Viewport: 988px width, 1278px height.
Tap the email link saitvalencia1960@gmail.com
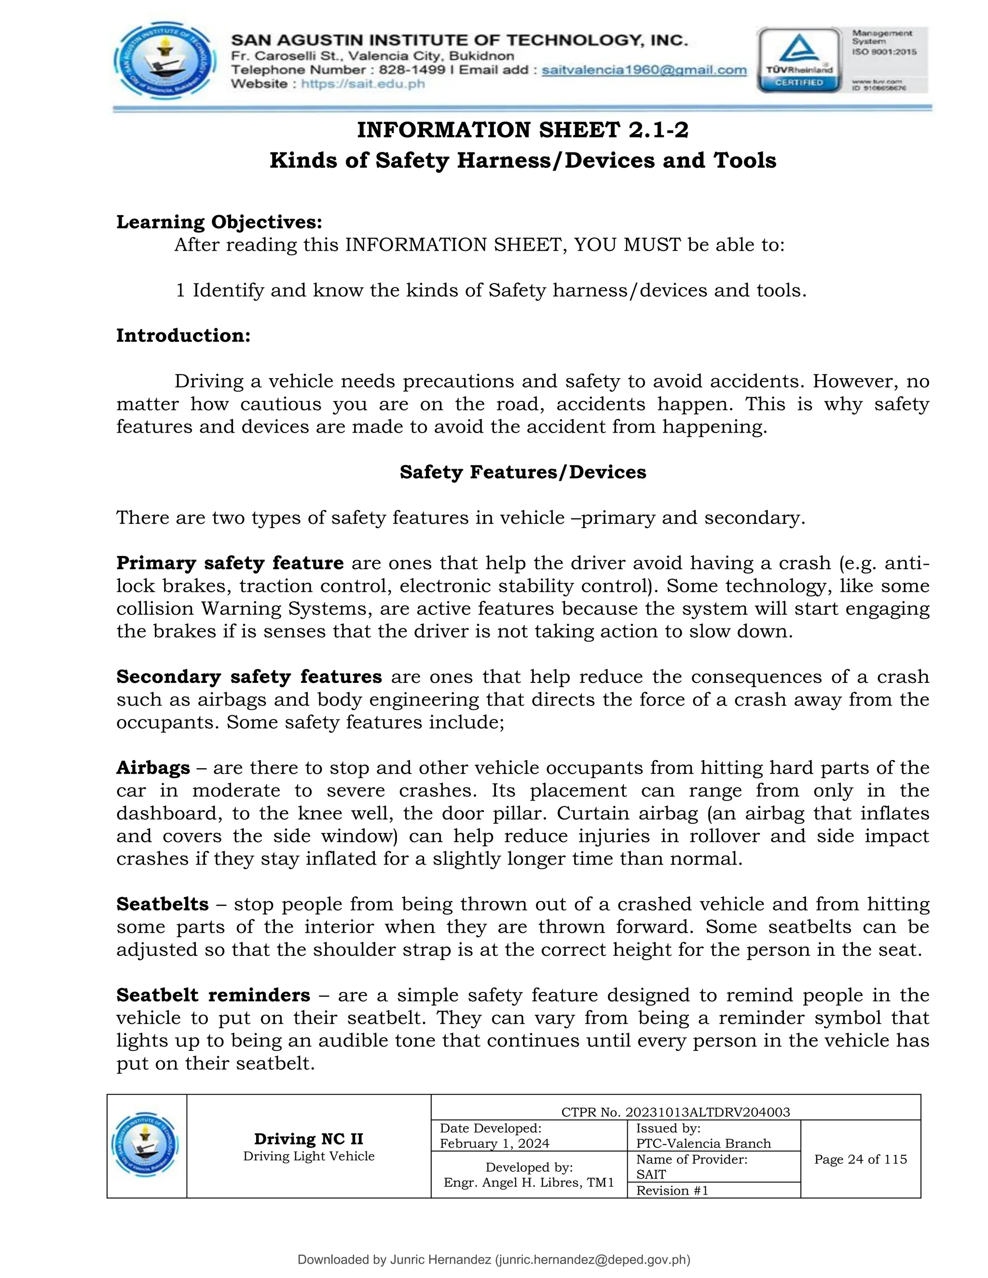[x=644, y=70]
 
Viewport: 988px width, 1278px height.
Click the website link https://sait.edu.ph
[x=362, y=84]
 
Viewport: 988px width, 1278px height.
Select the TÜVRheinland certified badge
[x=799, y=60]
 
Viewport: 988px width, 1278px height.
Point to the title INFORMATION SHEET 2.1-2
[x=522, y=129]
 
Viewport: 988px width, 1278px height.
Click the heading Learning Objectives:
[x=220, y=222]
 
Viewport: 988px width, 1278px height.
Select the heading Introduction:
[x=183, y=335]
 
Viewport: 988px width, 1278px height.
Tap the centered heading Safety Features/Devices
[x=522, y=472]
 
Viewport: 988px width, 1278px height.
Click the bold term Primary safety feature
[x=230, y=562]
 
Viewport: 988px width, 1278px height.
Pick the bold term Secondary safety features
[x=249, y=677]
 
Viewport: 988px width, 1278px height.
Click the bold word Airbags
[x=153, y=767]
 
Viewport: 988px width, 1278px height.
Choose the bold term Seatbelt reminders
[x=213, y=995]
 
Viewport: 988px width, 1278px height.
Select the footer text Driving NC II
[x=308, y=1139]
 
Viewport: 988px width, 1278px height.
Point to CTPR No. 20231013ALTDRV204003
[x=675, y=1112]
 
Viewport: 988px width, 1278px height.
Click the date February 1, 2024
[x=494, y=1143]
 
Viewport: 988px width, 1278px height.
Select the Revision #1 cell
[x=672, y=1190]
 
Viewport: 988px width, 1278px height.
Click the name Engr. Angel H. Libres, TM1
[x=529, y=1182]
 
